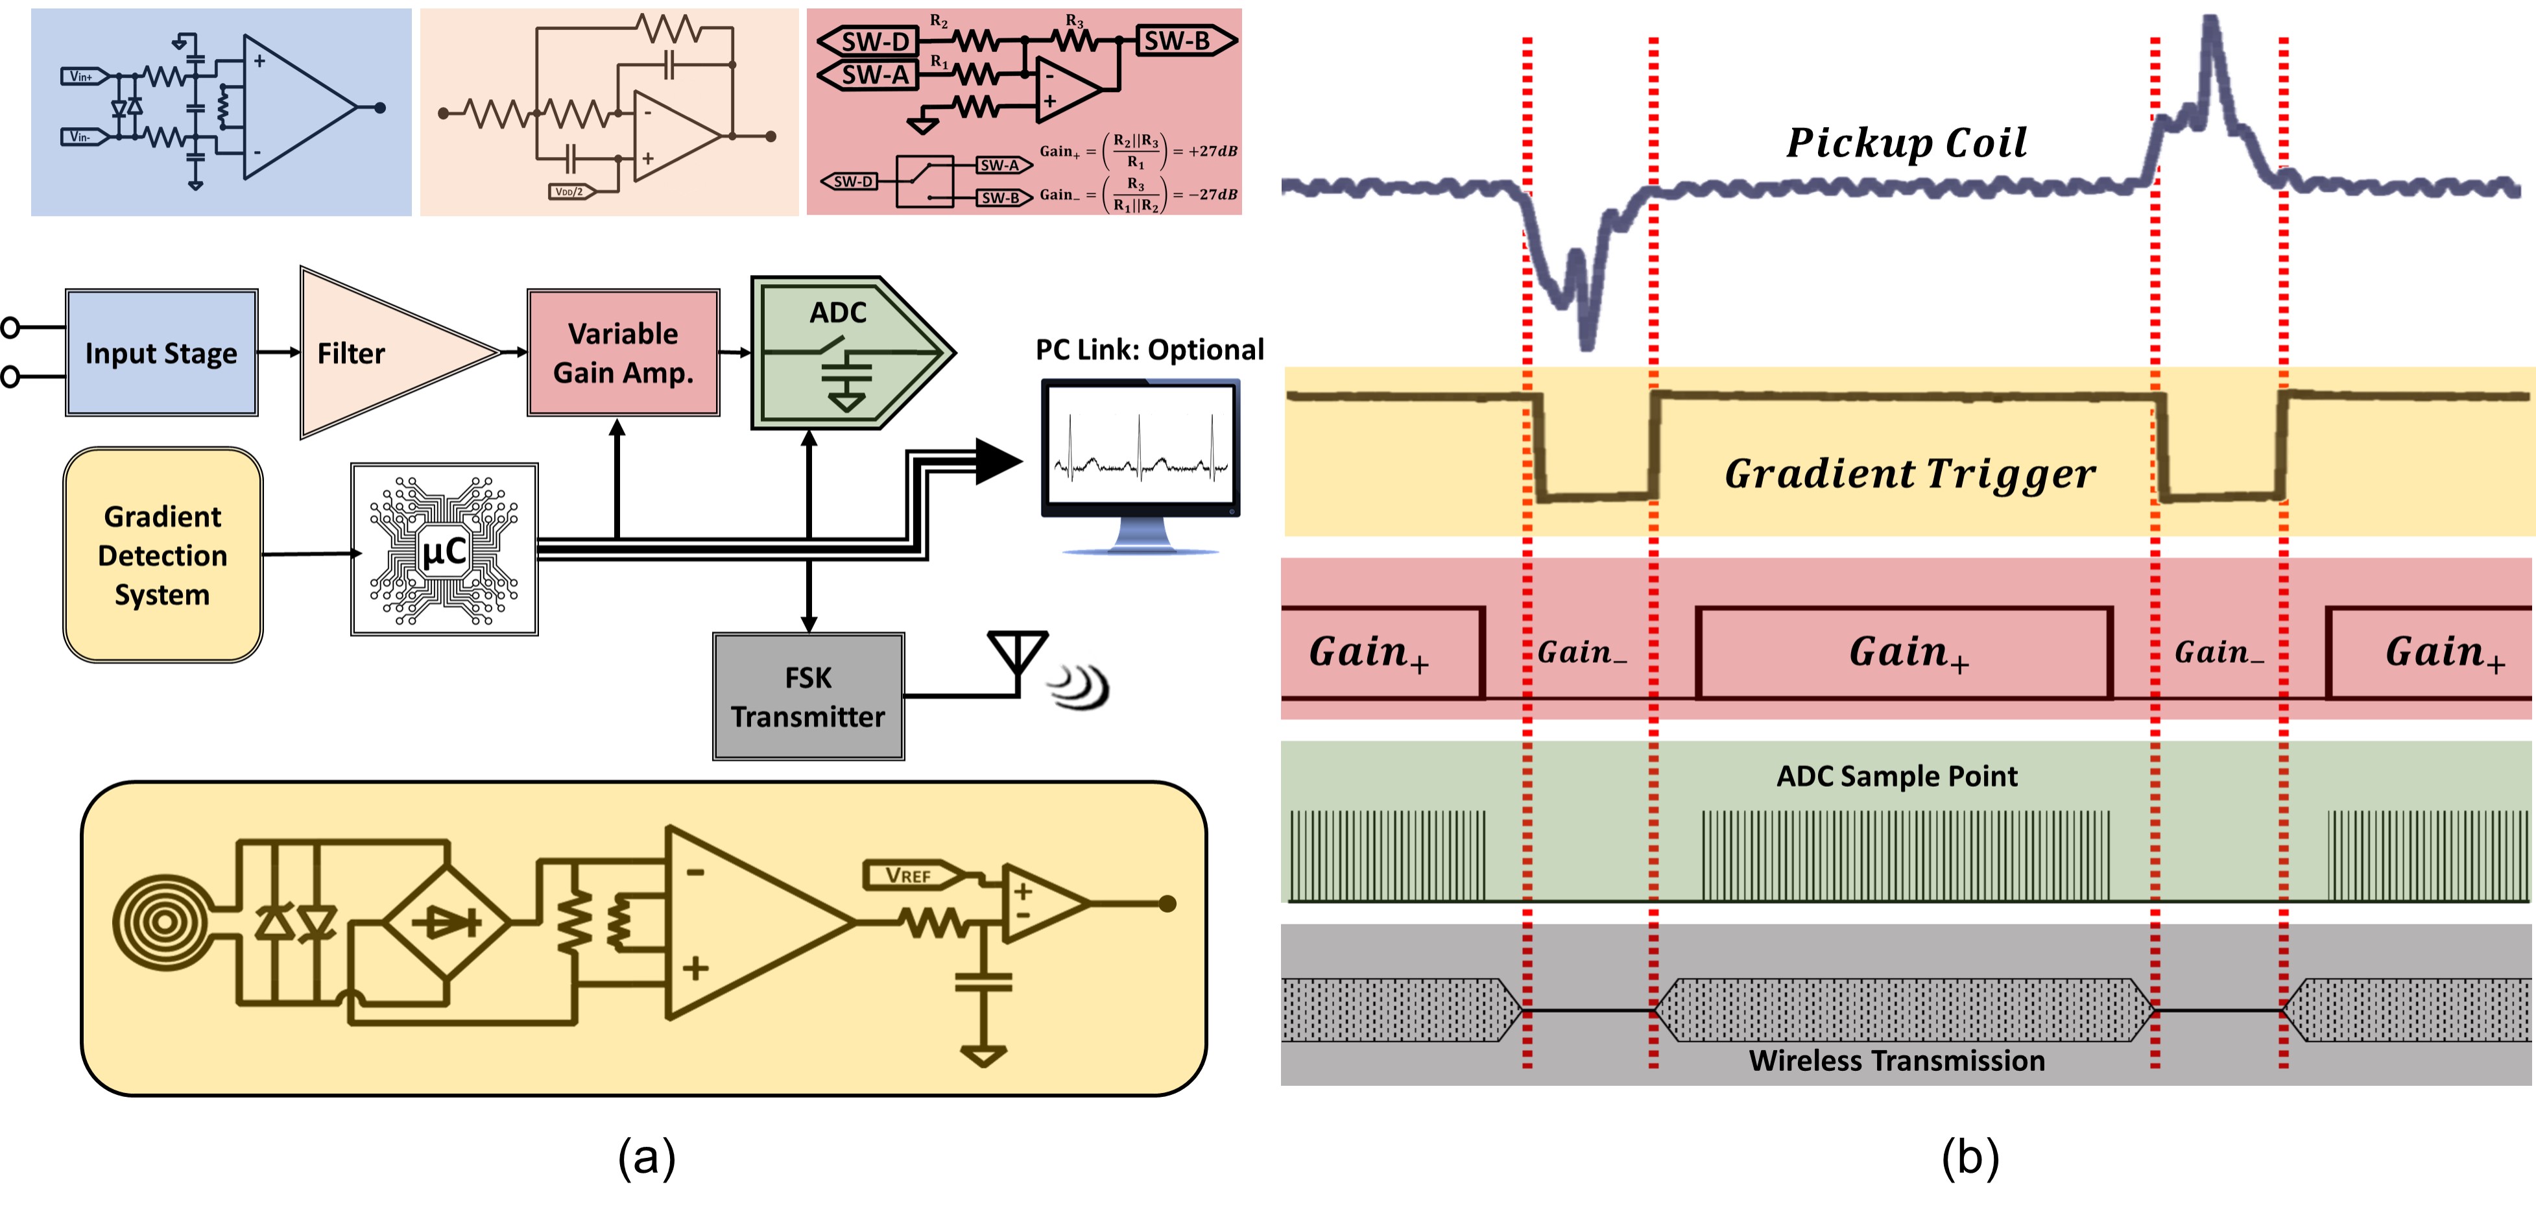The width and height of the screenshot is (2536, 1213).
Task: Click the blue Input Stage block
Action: tap(161, 352)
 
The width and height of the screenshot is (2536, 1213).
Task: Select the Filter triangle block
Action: tap(384, 352)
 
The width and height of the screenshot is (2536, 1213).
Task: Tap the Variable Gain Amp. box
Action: tap(623, 352)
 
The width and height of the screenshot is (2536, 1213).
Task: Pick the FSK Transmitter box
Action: tap(808, 696)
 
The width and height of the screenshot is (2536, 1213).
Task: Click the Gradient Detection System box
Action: tap(162, 555)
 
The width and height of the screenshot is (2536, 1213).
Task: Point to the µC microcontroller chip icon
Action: tap(444, 549)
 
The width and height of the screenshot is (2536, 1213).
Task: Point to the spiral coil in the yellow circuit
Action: tap(162, 922)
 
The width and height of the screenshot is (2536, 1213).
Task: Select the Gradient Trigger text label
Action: tap(1910, 474)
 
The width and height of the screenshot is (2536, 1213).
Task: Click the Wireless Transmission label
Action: tap(1896, 1061)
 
